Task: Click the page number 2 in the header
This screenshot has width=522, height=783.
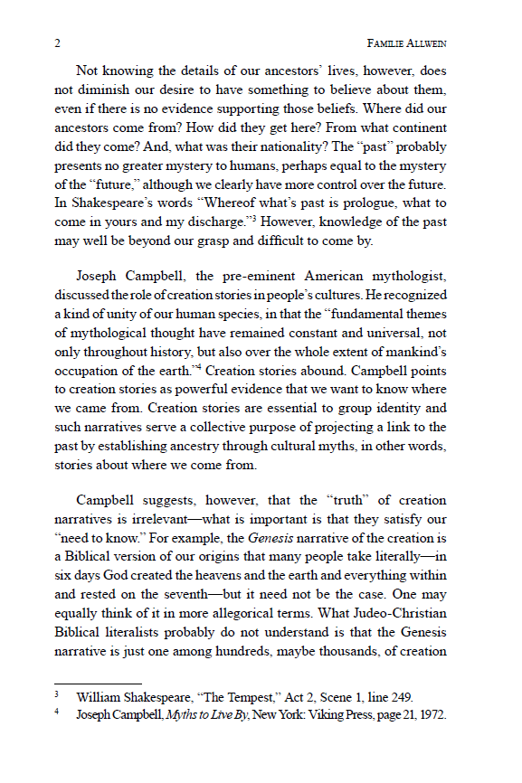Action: click(x=57, y=42)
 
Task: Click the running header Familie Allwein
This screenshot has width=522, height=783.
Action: click(x=407, y=42)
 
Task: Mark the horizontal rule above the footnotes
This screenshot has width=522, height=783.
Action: click(x=98, y=684)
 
